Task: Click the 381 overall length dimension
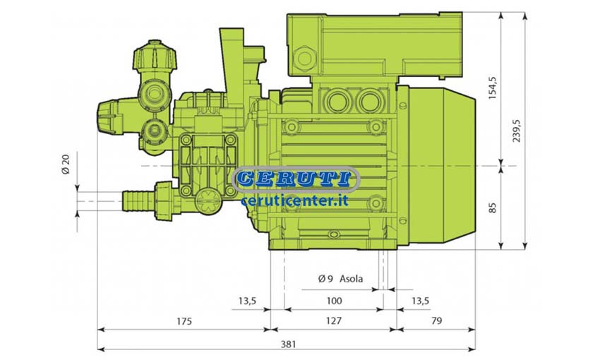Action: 288,344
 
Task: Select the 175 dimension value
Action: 184,321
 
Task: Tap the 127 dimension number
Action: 333,320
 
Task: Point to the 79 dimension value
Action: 436,320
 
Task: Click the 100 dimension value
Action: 334,301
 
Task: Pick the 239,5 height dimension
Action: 516,131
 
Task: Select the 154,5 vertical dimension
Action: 492,88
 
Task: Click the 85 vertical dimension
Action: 492,208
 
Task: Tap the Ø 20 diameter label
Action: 66,164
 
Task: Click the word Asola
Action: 351,279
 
